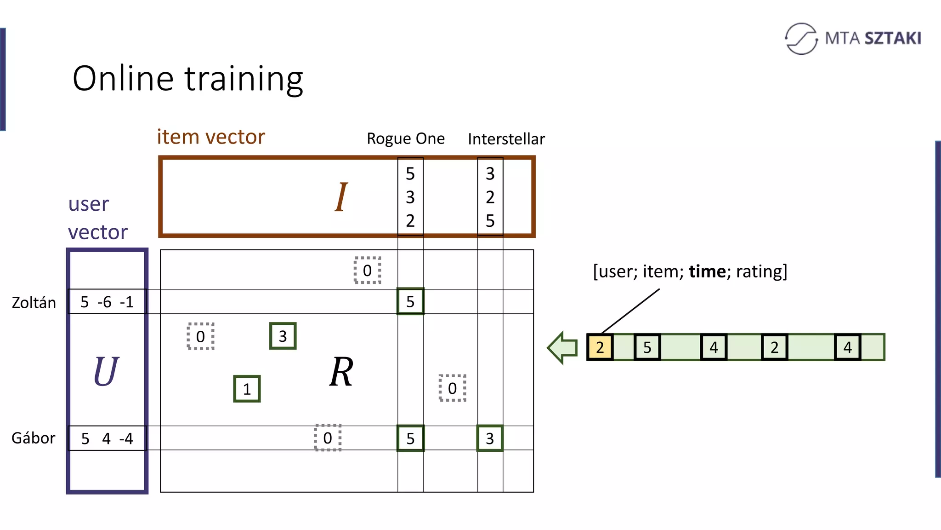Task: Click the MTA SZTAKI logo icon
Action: click(x=801, y=39)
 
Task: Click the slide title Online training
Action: click(x=187, y=79)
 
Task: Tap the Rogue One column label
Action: click(x=405, y=138)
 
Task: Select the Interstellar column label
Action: click(x=506, y=139)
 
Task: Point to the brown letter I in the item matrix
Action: click(x=341, y=197)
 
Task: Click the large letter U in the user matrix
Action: click(x=106, y=371)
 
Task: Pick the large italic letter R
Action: click(x=341, y=372)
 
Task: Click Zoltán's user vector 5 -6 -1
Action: click(x=107, y=302)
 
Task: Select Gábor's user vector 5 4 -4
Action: click(x=107, y=438)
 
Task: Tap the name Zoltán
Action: click(x=34, y=303)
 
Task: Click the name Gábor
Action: click(x=34, y=438)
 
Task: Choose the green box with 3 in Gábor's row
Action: click(x=490, y=438)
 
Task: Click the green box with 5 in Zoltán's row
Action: click(x=410, y=301)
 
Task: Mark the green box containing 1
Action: click(x=247, y=389)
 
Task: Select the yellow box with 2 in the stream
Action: click(x=600, y=347)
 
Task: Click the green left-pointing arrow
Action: click(x=563, y=348)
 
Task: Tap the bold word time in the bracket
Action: click(x=707, y=271)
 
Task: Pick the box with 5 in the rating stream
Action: click(x=647, y=347)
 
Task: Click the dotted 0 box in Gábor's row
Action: click(x=328, y=438)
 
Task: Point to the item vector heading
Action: click(x=211, y=137)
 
